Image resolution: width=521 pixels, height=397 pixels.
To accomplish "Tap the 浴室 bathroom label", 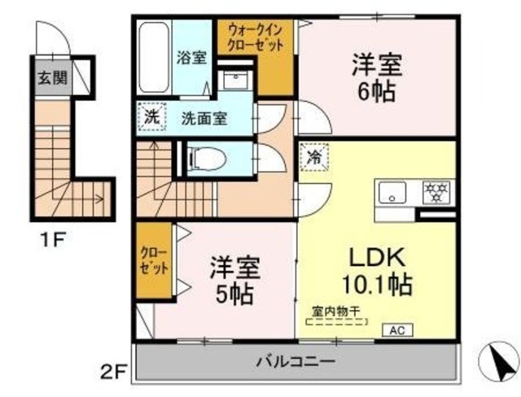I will click(x=192, y=58).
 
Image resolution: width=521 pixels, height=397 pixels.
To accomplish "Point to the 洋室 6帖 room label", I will click(x=374, y=77).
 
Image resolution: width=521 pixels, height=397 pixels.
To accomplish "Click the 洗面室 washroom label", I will click(x=204, y=118).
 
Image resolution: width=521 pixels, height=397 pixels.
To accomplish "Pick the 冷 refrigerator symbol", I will click(x=313, y=157).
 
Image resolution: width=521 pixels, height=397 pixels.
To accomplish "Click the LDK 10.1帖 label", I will click(x=377, y=270).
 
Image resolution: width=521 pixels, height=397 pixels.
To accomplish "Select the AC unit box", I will click(x=398, y=330).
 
